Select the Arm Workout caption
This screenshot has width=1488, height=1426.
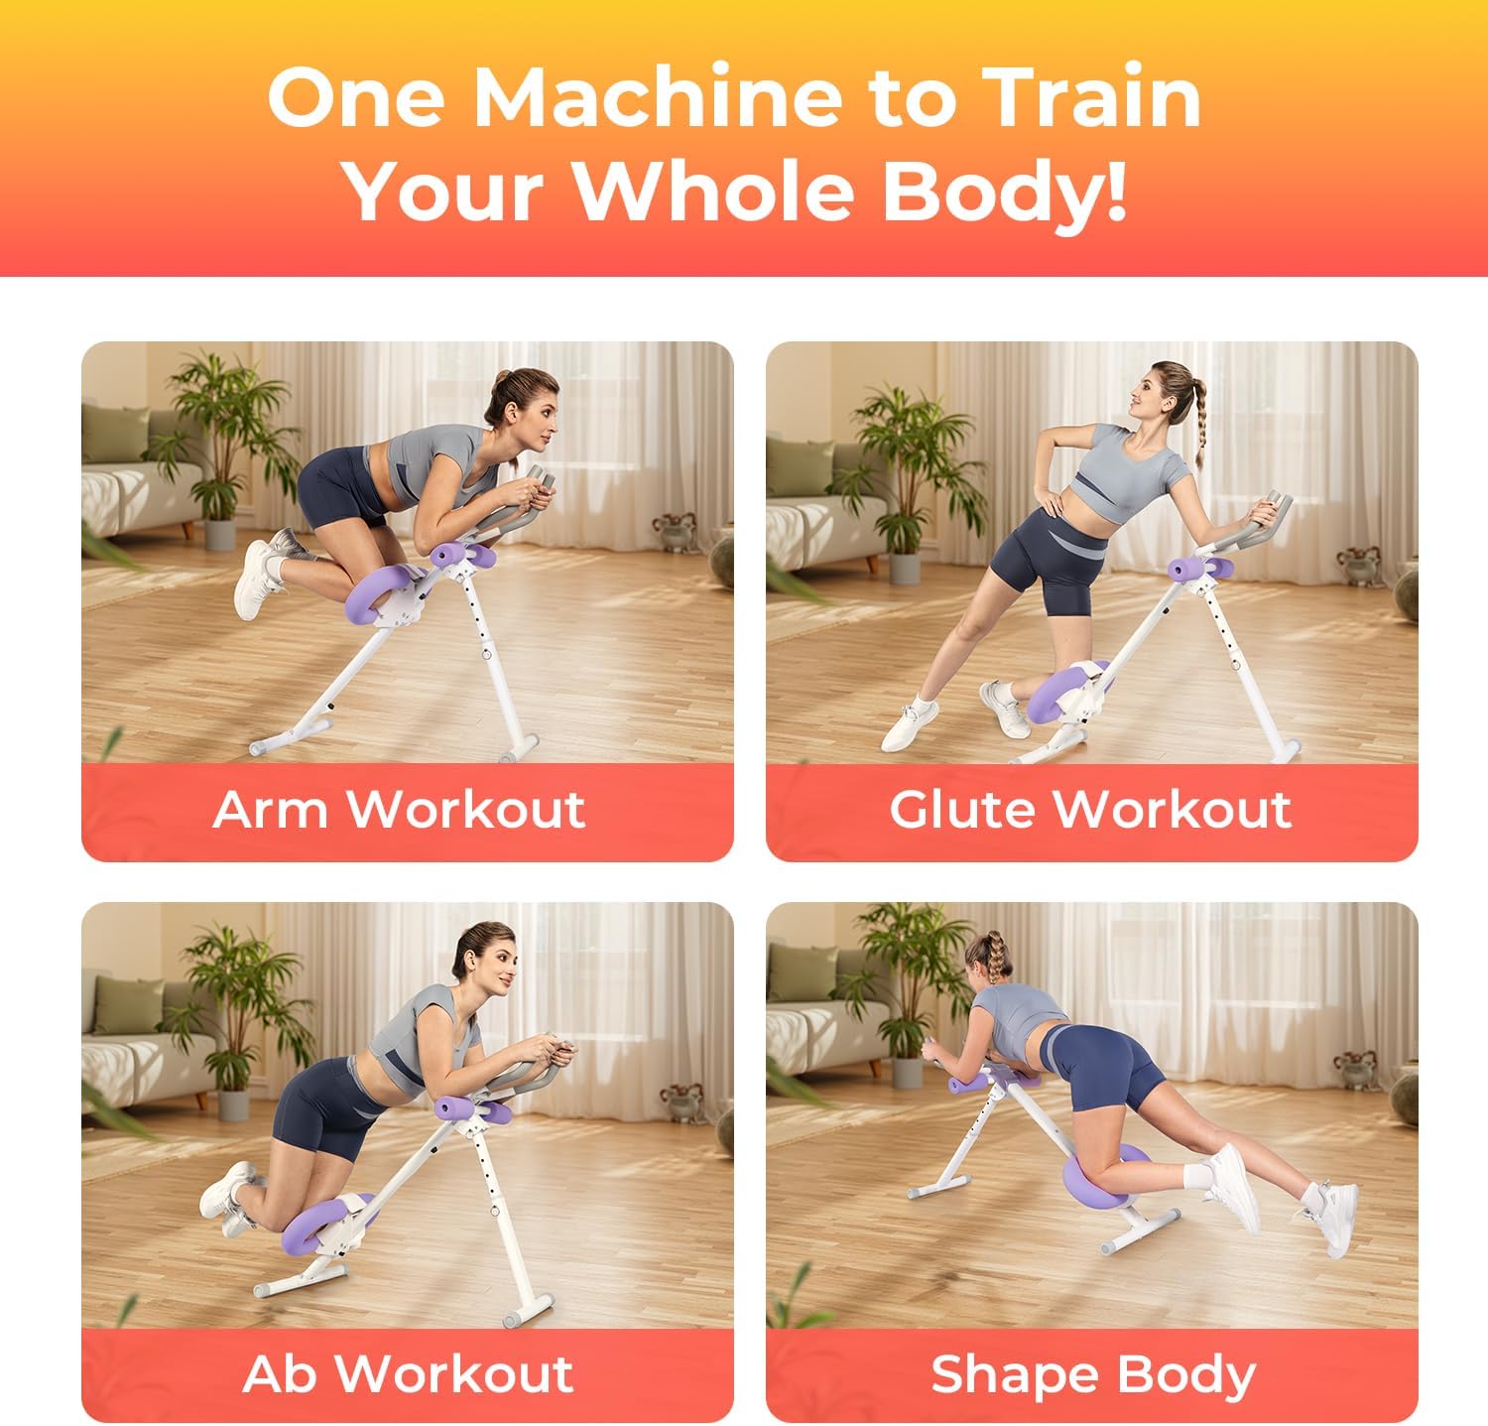click(x=399, y=809)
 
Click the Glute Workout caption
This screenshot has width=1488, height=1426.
click(x=1090, y=809)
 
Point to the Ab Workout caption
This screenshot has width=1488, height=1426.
click(x=408, y=1373)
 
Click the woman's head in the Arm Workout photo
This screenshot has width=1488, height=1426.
click(x=520, y=407)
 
